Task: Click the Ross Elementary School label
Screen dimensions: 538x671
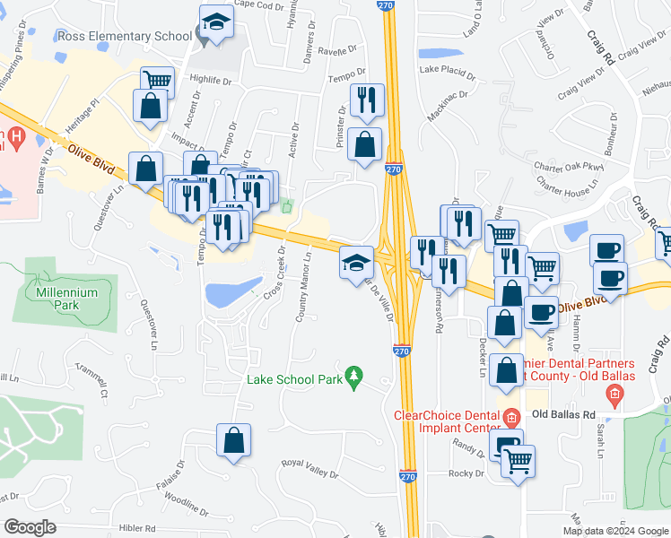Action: [x=123, y=36]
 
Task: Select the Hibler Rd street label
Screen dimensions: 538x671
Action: [x=137, y=528]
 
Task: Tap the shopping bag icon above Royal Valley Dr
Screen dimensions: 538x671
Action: [x=233, y=440]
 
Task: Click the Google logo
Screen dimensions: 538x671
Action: [x=30, y=526]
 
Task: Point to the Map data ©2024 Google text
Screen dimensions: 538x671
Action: [x=614, y=531]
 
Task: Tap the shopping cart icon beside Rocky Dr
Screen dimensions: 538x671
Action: [x=518, y=461]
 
